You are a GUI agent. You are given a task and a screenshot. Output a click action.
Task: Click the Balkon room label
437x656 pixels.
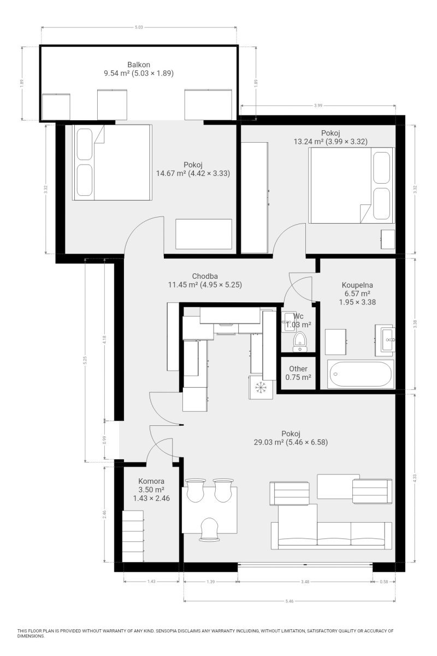pyautogui.click(x=139, y=65)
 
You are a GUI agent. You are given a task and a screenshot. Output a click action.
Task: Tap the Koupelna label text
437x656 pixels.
pyautogui.click(x=357, y=285)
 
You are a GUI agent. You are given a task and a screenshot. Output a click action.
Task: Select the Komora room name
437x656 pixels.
pyautogui.click(x=151, y=481)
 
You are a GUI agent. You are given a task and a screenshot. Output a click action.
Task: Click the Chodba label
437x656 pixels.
pyautogui.click(x=205, y=276)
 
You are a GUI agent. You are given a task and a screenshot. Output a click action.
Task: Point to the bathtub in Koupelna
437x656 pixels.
pyautogui.click(x=361, y=374)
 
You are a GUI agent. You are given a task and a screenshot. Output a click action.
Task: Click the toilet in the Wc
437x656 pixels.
pyautogui.click(x=300, y=342)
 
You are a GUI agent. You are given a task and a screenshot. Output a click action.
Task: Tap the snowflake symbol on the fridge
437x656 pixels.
pyautogui.click(x=260, y=388)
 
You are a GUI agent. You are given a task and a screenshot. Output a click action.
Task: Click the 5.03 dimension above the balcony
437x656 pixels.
pyautogui.click(x=139, y=27)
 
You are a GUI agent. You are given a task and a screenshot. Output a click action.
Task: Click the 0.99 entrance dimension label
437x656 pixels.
pyautogui.click(x=105, y=440)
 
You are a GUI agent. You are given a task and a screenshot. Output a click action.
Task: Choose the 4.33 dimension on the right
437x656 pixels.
pyautogui.click(x=415, y=478)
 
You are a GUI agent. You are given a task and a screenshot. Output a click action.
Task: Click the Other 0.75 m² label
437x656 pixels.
pyautogui.click(x=298, y=373)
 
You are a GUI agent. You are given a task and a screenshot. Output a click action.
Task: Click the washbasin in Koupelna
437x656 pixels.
pyautogui.click(x=386, y=340)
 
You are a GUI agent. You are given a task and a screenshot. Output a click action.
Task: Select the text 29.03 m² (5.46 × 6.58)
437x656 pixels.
pyautogui.click(x=291, y=442)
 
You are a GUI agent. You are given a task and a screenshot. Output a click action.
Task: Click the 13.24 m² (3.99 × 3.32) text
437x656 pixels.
pyautogui.click(x=330, y=142)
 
